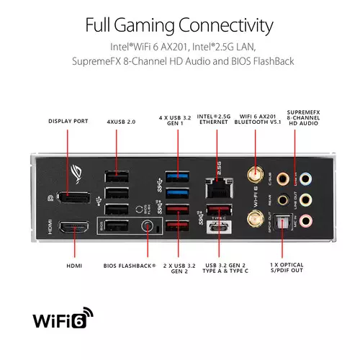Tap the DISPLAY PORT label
pyautogui.click(x=68, y=121)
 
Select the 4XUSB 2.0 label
pyautogui.click(x=121, y=121)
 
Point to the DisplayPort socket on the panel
pyautogui.click(x=74, y=195)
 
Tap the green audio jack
pyautogui.click(x=307, y=199)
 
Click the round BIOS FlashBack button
pyautogui.click(x=148, y=227)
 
